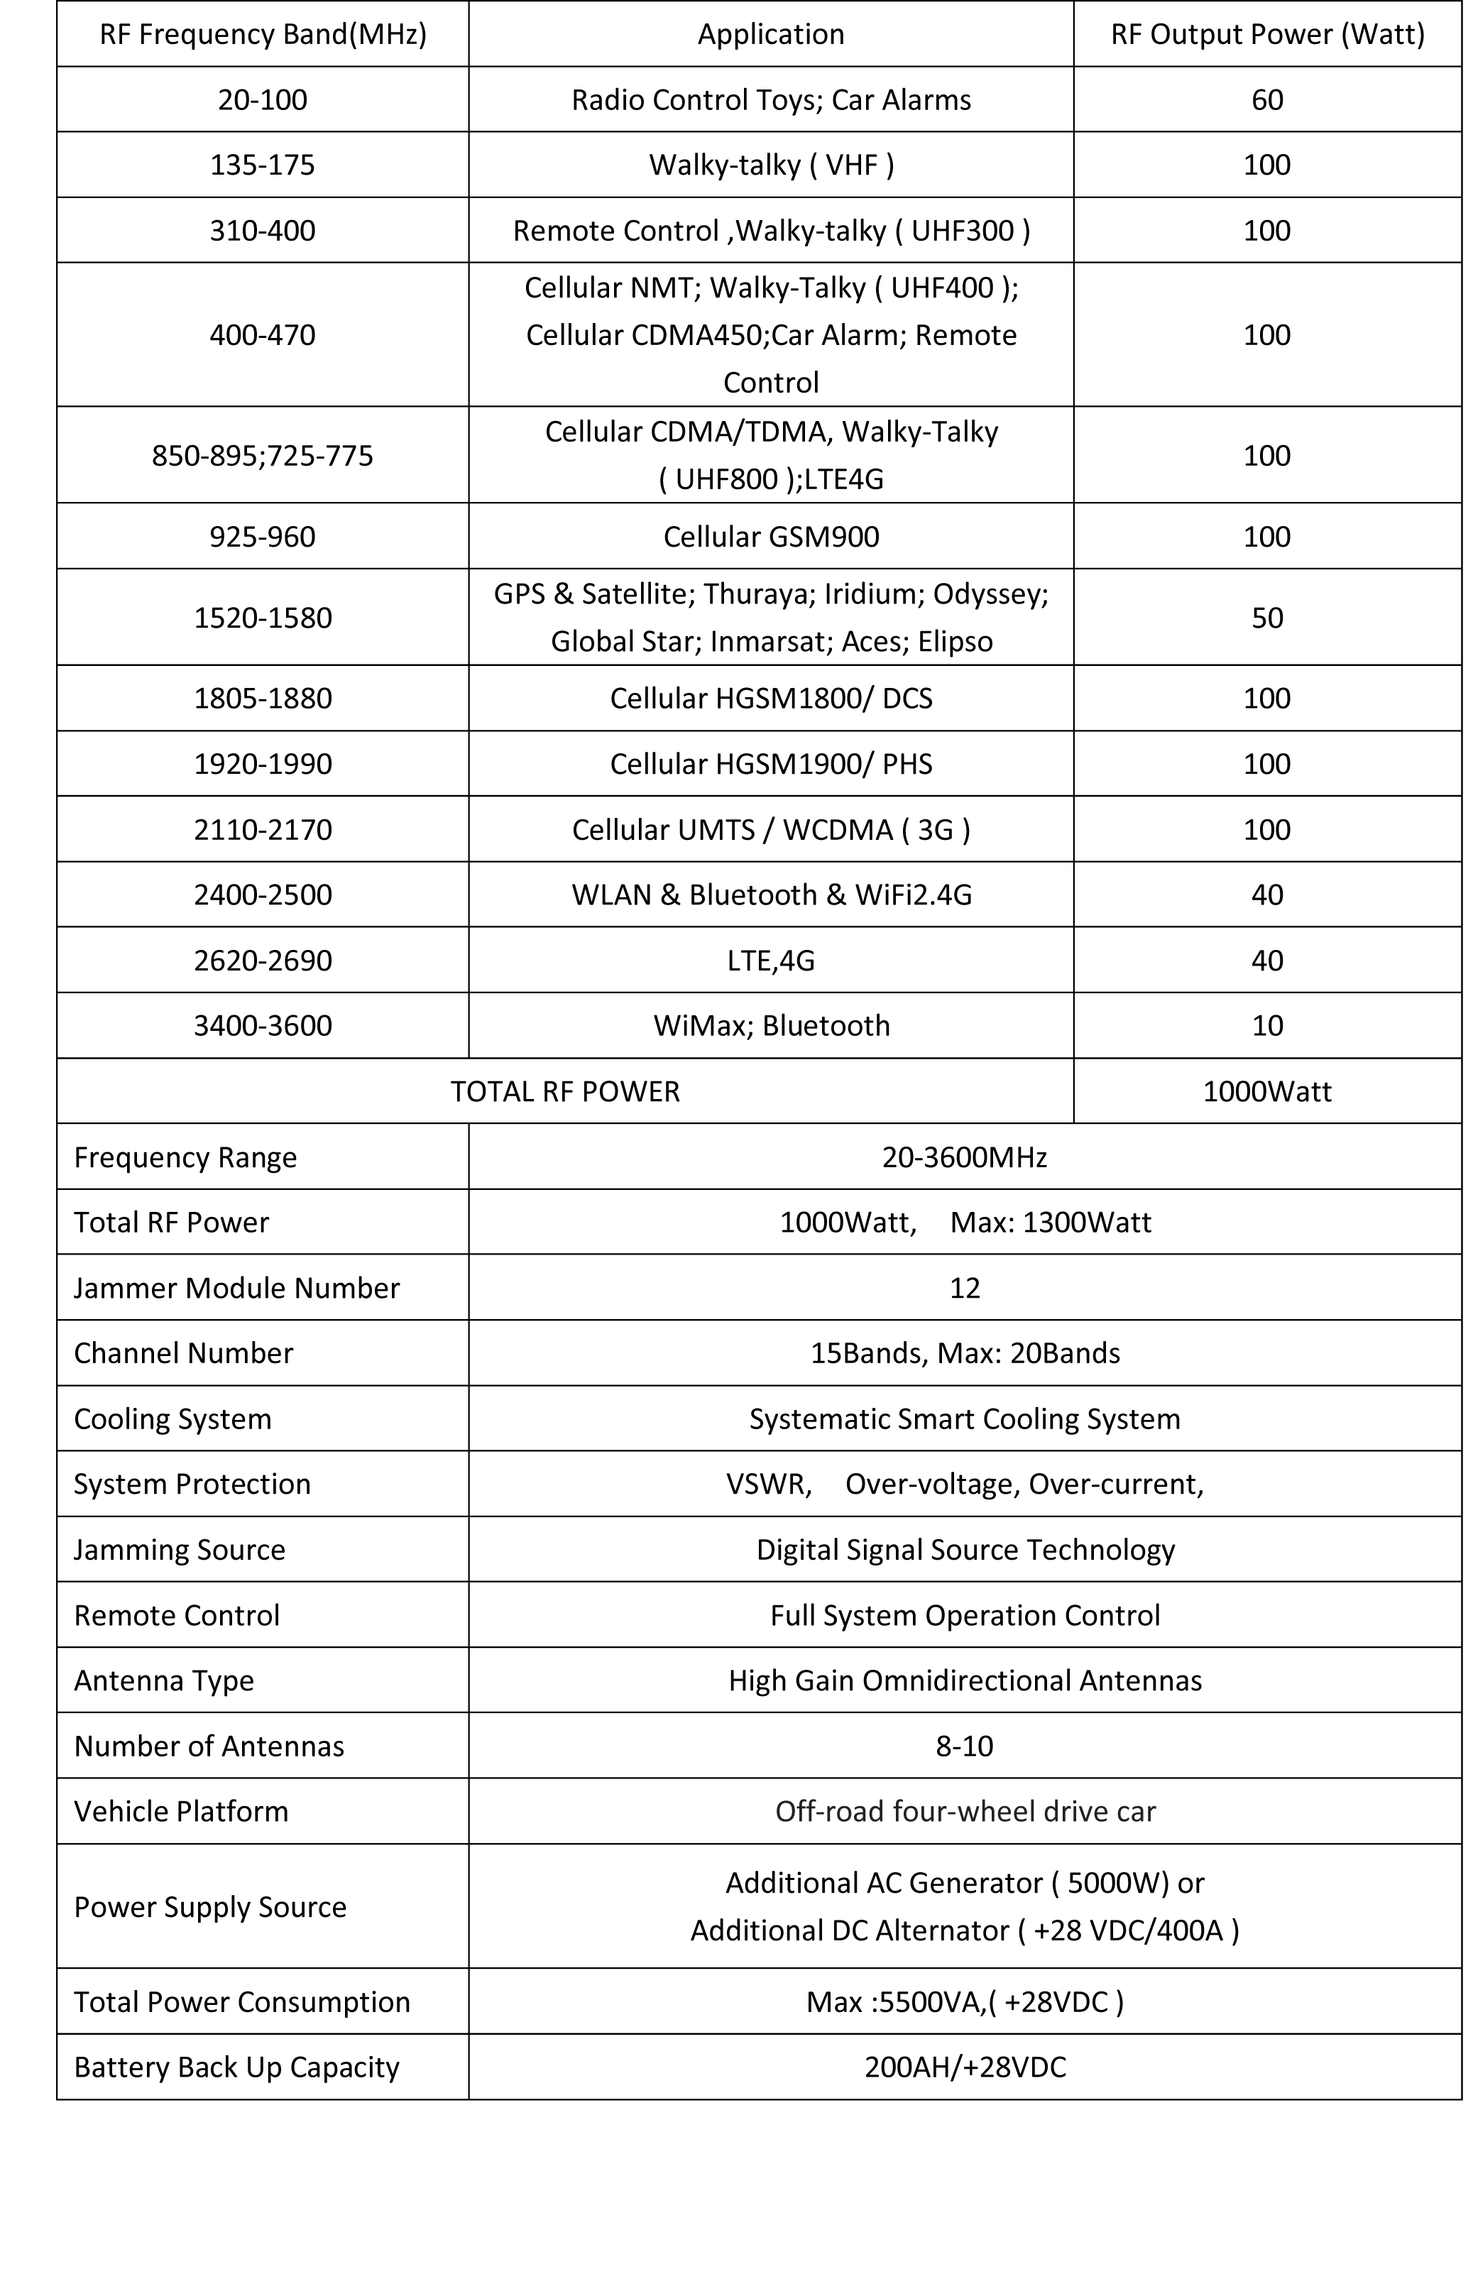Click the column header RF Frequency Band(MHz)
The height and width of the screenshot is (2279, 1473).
pos(263,34)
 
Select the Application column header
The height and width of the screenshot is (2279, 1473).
pos(771,34)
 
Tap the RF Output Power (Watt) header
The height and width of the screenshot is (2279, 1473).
pos(1267,34)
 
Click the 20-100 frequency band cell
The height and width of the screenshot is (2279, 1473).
pos(263,99)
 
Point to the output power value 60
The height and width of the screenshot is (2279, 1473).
pos(1267,99)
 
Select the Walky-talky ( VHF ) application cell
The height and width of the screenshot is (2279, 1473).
pos(771,165)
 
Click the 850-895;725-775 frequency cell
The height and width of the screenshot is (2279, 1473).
pos(263,455)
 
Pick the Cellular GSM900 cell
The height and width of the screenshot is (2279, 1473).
pos(771,537)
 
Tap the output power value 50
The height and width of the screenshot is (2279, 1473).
pos(1267,618)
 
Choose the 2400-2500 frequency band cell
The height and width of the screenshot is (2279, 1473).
pos(263,894)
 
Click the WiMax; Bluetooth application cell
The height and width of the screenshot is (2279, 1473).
pos(771,1025)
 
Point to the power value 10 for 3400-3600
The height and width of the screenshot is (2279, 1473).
pos(1267,1025)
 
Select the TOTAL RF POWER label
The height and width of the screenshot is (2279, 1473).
pos(565,1091)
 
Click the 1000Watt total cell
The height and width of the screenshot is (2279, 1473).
pos(1267,1091)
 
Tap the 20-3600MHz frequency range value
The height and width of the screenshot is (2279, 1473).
pos(964,1157)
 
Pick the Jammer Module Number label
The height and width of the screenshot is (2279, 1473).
pos(236,1287)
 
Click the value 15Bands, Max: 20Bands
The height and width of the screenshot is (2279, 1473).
pos(964,1353)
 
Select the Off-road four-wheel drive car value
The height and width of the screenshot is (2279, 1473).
pos(964,1810)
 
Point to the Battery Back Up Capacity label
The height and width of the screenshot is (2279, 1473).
pos(236,2067)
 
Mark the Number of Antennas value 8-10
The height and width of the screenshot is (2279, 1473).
pos(964,1745)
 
